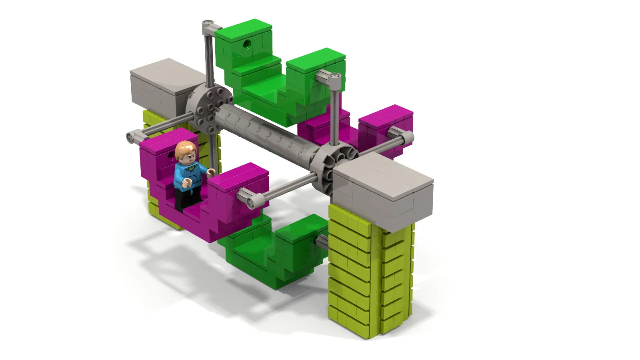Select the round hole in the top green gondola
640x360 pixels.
tap(247, 42)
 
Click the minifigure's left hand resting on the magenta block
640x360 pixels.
tap(211, 172)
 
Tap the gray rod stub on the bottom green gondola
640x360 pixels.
tap(322, 241)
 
